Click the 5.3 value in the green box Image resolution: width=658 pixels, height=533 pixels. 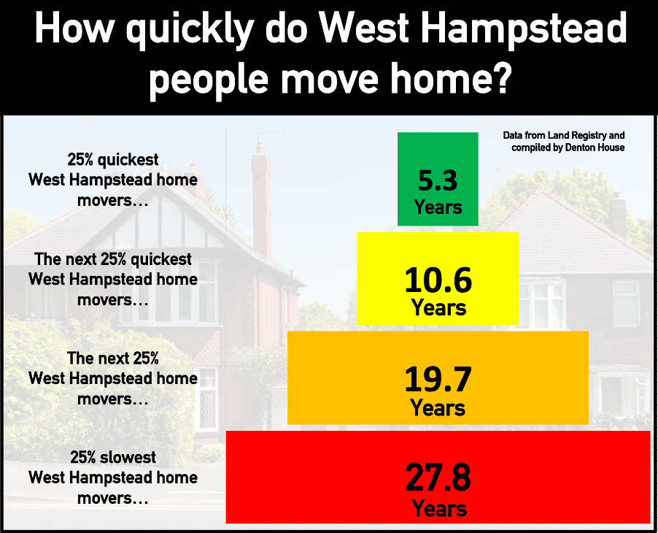click(x=438, y=180)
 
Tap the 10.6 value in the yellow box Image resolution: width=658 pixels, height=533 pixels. click(x=438, y=280)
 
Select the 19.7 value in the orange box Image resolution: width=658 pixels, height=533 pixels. click(x=438, y=380)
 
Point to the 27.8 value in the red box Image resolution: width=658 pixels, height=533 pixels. click(x=438, y=478)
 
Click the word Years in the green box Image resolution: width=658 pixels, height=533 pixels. click(x=438, y=207)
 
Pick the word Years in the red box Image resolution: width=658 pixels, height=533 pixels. click(x=439, y=509)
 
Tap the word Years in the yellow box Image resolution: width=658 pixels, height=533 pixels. click(x=439, y=307)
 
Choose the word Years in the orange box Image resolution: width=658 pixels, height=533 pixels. click(x=438, y=408)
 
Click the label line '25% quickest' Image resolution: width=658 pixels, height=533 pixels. click(x=113, y=160)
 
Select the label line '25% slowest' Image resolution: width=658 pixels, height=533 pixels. click(x=113, y=457)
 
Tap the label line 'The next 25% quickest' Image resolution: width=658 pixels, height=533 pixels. click(x=113, y=260)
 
